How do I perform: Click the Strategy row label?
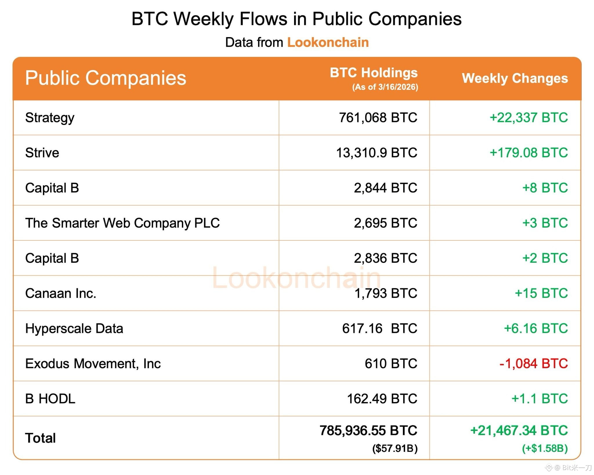coord(50,118)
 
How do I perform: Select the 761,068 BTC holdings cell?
coord(378,118)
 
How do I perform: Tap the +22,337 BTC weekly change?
coord(528,118)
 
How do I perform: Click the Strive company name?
coord(42,153)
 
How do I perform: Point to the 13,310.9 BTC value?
coord(376,153)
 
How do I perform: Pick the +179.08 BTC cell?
coord(528,153)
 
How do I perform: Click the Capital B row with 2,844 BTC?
coord(52,188)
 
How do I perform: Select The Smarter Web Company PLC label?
coord(122,223)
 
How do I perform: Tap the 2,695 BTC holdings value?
coord(385,223)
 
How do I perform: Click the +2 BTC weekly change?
coord(545,258)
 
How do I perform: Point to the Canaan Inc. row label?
coord(61,293)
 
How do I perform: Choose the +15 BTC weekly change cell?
coord(541,293)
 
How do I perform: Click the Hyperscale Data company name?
coord(74,329)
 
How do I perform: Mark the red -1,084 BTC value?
coord(533,364)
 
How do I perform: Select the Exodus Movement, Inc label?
coord(93,364)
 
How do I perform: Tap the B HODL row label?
coord(50,399)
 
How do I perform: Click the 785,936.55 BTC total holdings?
coord(368,431)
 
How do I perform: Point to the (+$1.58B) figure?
coord(545,448)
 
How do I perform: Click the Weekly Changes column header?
coord(515,78)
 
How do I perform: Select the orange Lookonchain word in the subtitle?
coord(328,42)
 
